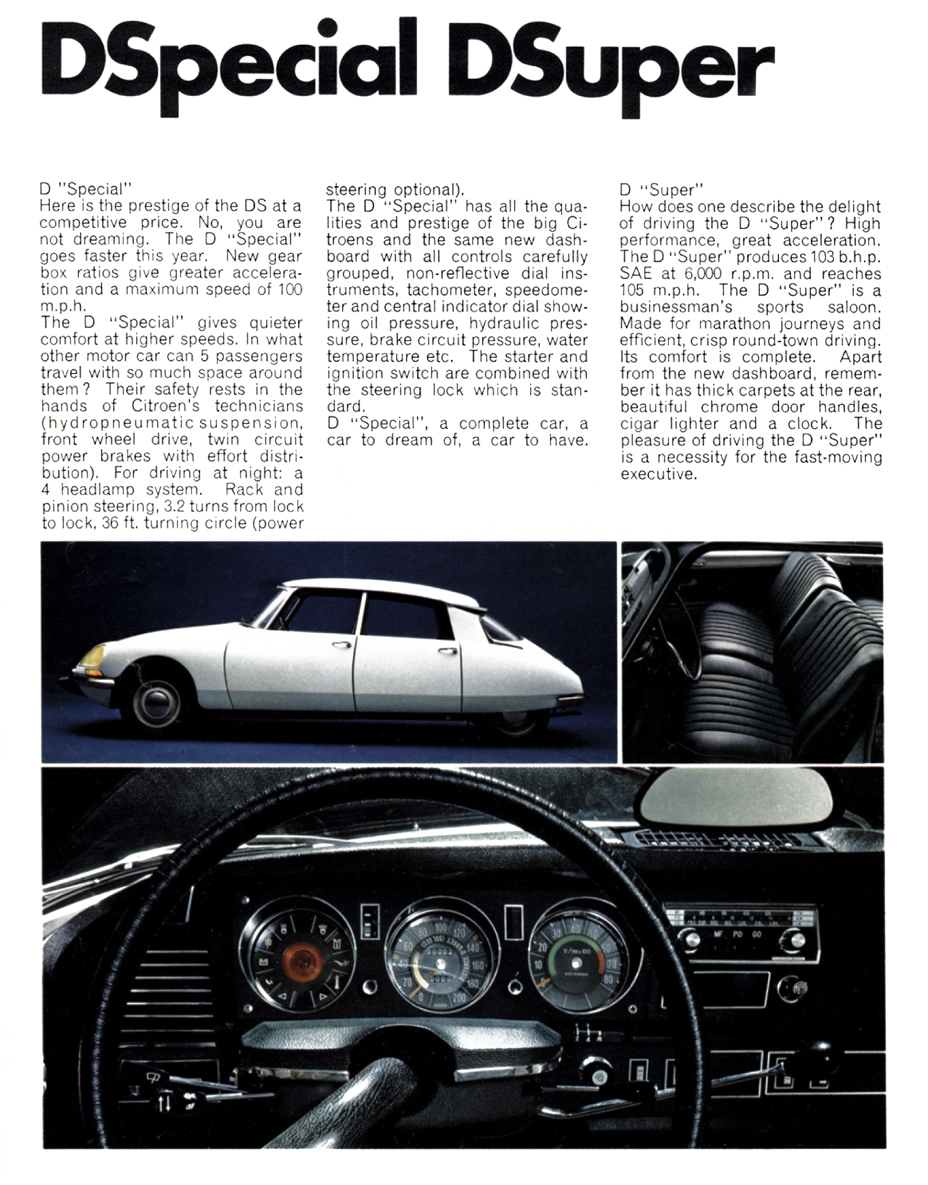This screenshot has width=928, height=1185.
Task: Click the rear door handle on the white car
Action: click(447, 650)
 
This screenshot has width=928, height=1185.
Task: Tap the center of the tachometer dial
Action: click(577, 963)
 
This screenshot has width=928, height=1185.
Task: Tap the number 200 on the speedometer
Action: click(458, 996)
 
